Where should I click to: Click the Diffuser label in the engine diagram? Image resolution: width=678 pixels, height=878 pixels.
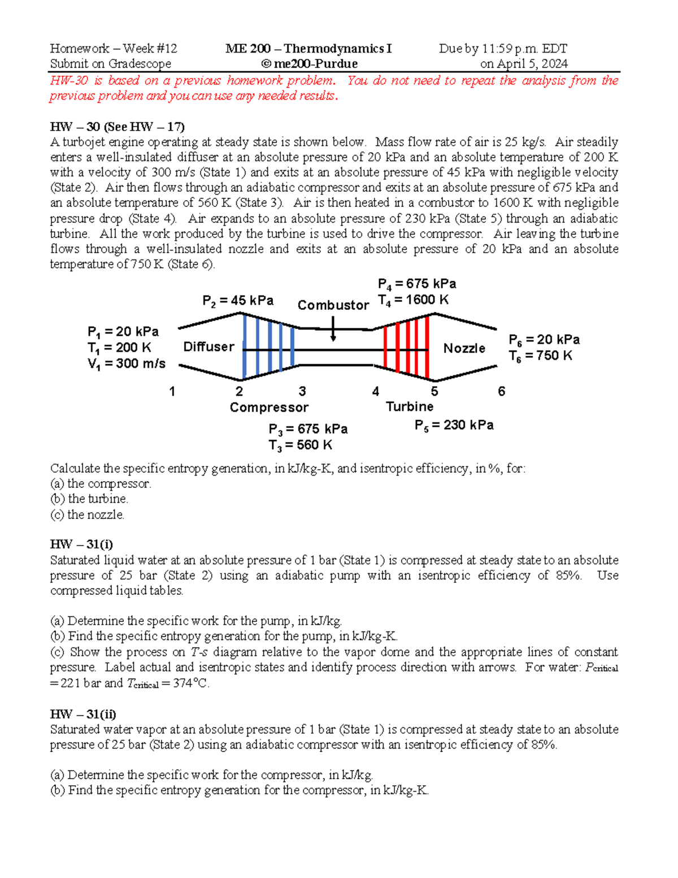208,347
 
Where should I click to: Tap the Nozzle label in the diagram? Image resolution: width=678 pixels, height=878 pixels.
464,348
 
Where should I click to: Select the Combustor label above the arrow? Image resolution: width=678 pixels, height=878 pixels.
333,305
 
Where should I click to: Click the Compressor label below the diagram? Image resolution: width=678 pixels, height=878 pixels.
269,408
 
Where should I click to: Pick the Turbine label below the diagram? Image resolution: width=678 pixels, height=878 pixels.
410,406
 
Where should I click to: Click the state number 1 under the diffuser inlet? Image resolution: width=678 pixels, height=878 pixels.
172,391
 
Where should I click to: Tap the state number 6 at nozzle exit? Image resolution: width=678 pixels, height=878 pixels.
501,391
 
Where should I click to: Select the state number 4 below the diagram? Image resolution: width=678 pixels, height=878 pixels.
376,391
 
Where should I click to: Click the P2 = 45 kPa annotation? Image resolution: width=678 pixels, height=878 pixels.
238,301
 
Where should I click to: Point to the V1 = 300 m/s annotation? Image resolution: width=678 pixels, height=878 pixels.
127,364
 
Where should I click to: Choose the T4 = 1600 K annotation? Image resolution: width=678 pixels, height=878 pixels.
414,300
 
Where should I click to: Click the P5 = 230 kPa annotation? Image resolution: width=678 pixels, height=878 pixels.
454,425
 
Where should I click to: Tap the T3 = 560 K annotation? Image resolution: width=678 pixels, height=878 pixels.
300,446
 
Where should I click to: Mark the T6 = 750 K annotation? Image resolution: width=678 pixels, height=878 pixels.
540,356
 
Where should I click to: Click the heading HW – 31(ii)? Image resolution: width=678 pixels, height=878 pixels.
83,714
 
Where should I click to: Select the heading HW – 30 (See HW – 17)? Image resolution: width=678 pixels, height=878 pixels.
118,127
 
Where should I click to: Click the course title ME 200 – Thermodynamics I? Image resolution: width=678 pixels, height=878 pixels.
308,49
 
